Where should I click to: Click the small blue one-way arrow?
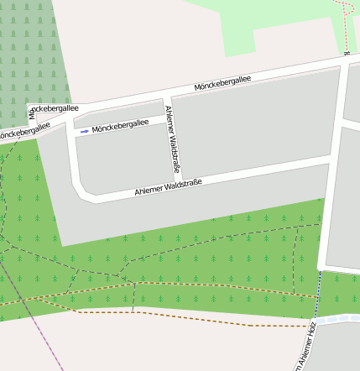(84, 131)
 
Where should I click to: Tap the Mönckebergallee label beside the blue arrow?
(120, 126)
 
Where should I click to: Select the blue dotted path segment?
(319, 294)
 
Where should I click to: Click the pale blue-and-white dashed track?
(336, 320)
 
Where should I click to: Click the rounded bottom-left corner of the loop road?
(84, 194)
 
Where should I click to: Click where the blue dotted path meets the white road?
(321, 270)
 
